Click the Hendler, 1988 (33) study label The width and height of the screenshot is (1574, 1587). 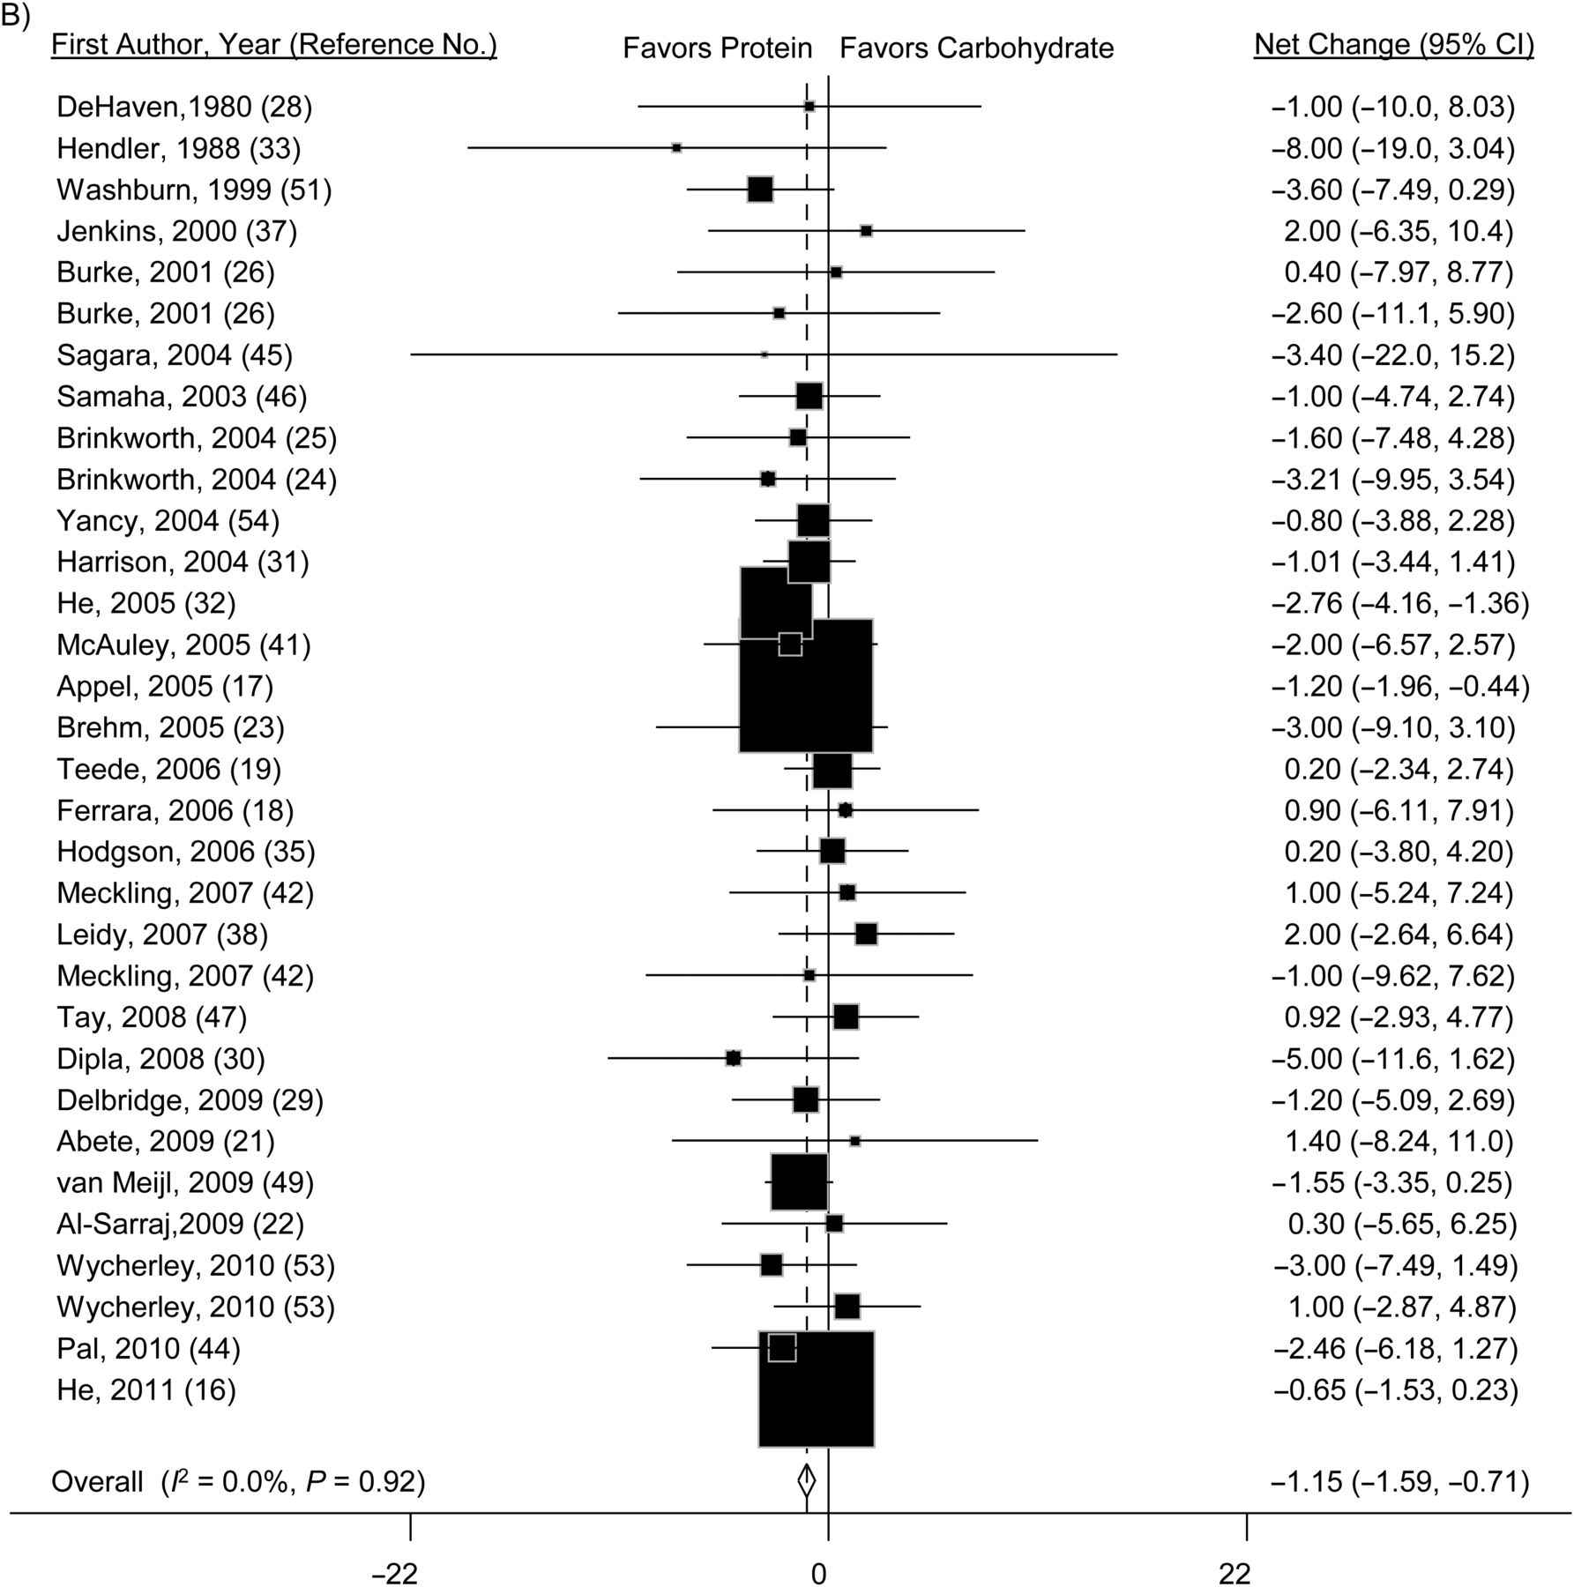[179, 148]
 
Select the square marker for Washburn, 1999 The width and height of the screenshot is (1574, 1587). [760, 189]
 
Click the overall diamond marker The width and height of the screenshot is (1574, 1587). [807, 1480]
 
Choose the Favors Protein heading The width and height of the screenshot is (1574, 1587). [718, 48]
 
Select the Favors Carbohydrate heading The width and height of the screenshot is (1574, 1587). [977, 48]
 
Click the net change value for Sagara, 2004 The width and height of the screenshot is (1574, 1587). [1393, 355]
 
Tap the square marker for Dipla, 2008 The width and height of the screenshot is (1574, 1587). [734, 1058]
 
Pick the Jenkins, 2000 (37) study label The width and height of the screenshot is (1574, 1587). [177, 231]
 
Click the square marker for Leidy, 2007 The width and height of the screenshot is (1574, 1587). [866, 934]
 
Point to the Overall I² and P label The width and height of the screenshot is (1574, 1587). [238, 1481]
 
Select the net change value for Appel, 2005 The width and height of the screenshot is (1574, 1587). [1400, 686]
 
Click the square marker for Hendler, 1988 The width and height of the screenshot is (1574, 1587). [676, 147]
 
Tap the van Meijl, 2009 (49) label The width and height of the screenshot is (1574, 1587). [185, 1182]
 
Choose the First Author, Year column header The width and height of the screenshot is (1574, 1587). [274, 45]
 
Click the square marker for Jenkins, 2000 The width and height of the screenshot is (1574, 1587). [866, 230]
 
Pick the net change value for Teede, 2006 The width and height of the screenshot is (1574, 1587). [1399, 769]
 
